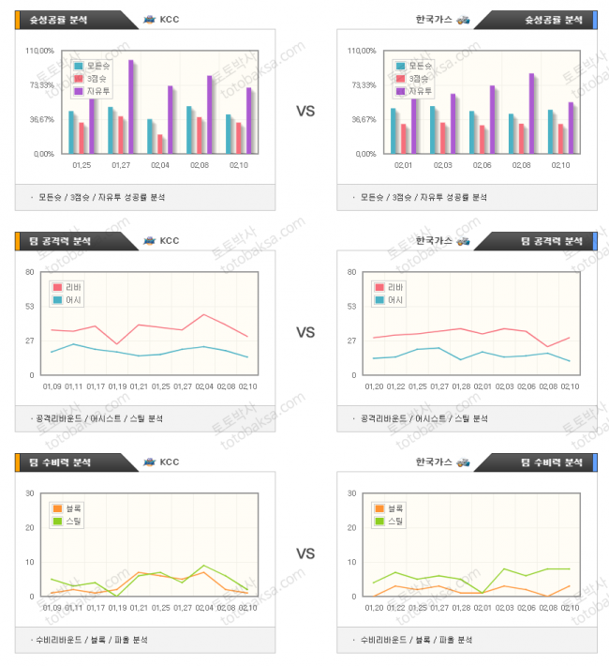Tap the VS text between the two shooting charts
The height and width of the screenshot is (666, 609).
pos(305,111)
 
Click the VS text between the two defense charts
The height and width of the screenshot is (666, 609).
pos(305,554)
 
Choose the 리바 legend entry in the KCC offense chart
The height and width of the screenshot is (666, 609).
pos(69,287)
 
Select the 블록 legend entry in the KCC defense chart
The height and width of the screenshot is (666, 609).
pos(69,508)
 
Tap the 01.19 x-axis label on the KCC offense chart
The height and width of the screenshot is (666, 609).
pos(117,386)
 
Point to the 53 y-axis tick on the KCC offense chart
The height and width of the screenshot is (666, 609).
pos(30,306)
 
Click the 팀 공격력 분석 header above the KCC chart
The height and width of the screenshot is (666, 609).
pos(66,241)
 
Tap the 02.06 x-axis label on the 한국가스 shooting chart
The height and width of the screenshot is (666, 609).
pos(482,165)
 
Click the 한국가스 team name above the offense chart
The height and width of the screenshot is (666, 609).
pos(434,241)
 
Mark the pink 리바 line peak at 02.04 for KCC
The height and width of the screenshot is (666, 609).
pos(203,314)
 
